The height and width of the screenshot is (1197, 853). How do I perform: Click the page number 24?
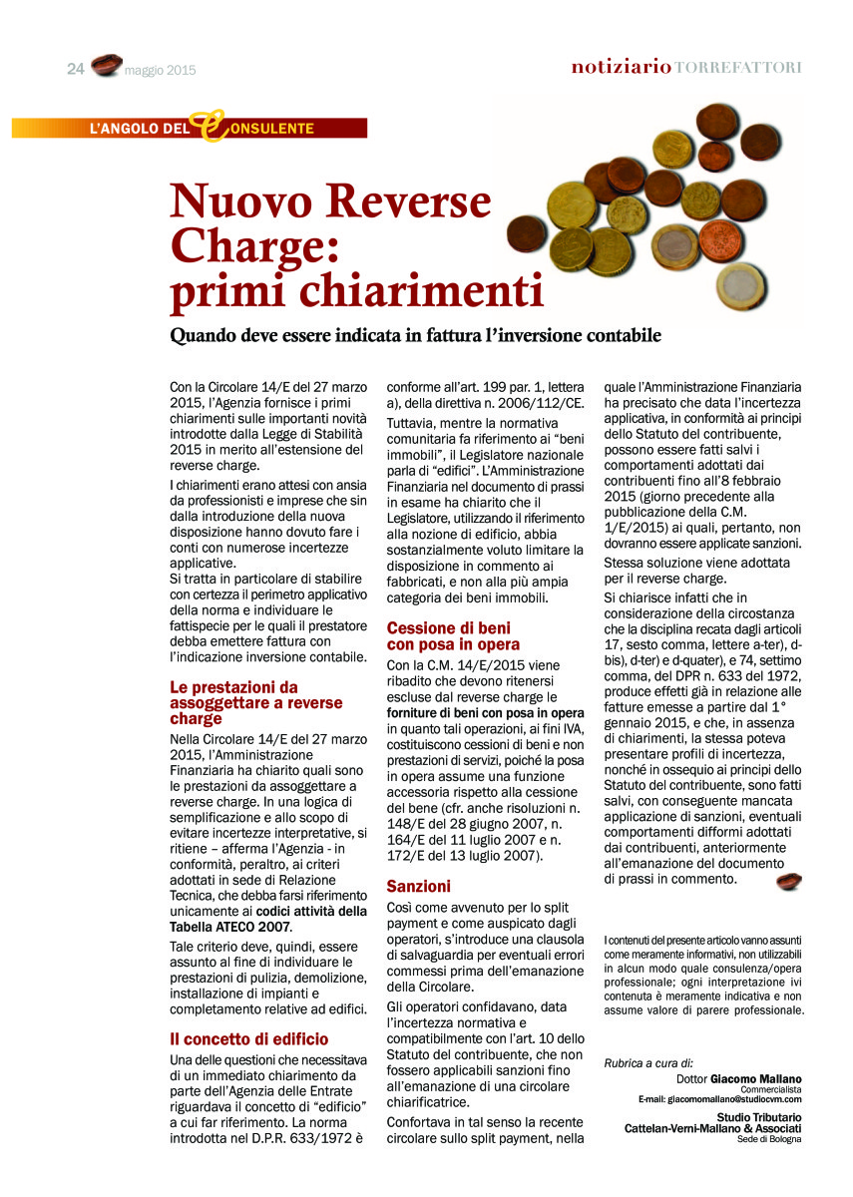[x=76, y=69]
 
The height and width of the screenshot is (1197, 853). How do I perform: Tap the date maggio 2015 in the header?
[x=161, y=71]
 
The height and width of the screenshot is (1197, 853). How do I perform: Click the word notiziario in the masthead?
[x=621, y=67]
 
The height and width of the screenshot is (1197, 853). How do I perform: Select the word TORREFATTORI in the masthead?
[x=738, y=67]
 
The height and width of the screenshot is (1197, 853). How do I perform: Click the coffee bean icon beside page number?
[x=106, y=66]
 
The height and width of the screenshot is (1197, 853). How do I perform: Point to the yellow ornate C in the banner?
[x=210, y=126]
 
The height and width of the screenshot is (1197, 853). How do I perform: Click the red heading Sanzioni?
[x=419, y=886]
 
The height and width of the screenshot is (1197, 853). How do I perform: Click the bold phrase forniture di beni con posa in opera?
[x=485, y=713]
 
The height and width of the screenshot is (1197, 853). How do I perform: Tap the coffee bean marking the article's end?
[x=789, y=881]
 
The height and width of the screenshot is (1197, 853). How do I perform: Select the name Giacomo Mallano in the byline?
[x=755, y=1078]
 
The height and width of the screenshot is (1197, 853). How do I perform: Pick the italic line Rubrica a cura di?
[x=648, y=1063]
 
